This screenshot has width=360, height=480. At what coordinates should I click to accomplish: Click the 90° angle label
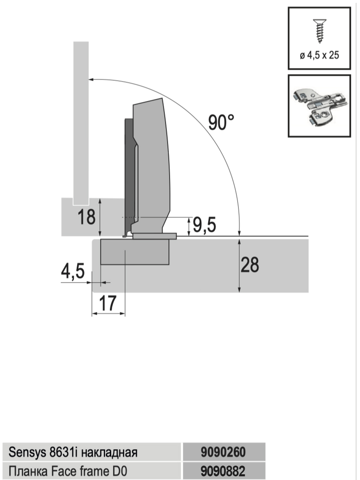(221, 122)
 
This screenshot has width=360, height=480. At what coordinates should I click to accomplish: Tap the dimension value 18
(86, 217)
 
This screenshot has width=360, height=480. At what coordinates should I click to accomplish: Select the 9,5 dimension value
(204, 225)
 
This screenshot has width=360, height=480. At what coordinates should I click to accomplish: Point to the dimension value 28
(250, 265)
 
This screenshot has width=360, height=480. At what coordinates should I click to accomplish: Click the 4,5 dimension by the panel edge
(73, 271)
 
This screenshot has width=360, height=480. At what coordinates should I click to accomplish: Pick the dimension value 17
(108, 303)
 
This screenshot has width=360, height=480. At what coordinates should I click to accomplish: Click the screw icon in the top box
(319, 31)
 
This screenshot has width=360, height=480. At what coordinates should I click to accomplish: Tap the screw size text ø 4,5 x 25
(319, 55)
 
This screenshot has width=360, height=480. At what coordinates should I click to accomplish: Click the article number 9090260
(223, 452)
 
